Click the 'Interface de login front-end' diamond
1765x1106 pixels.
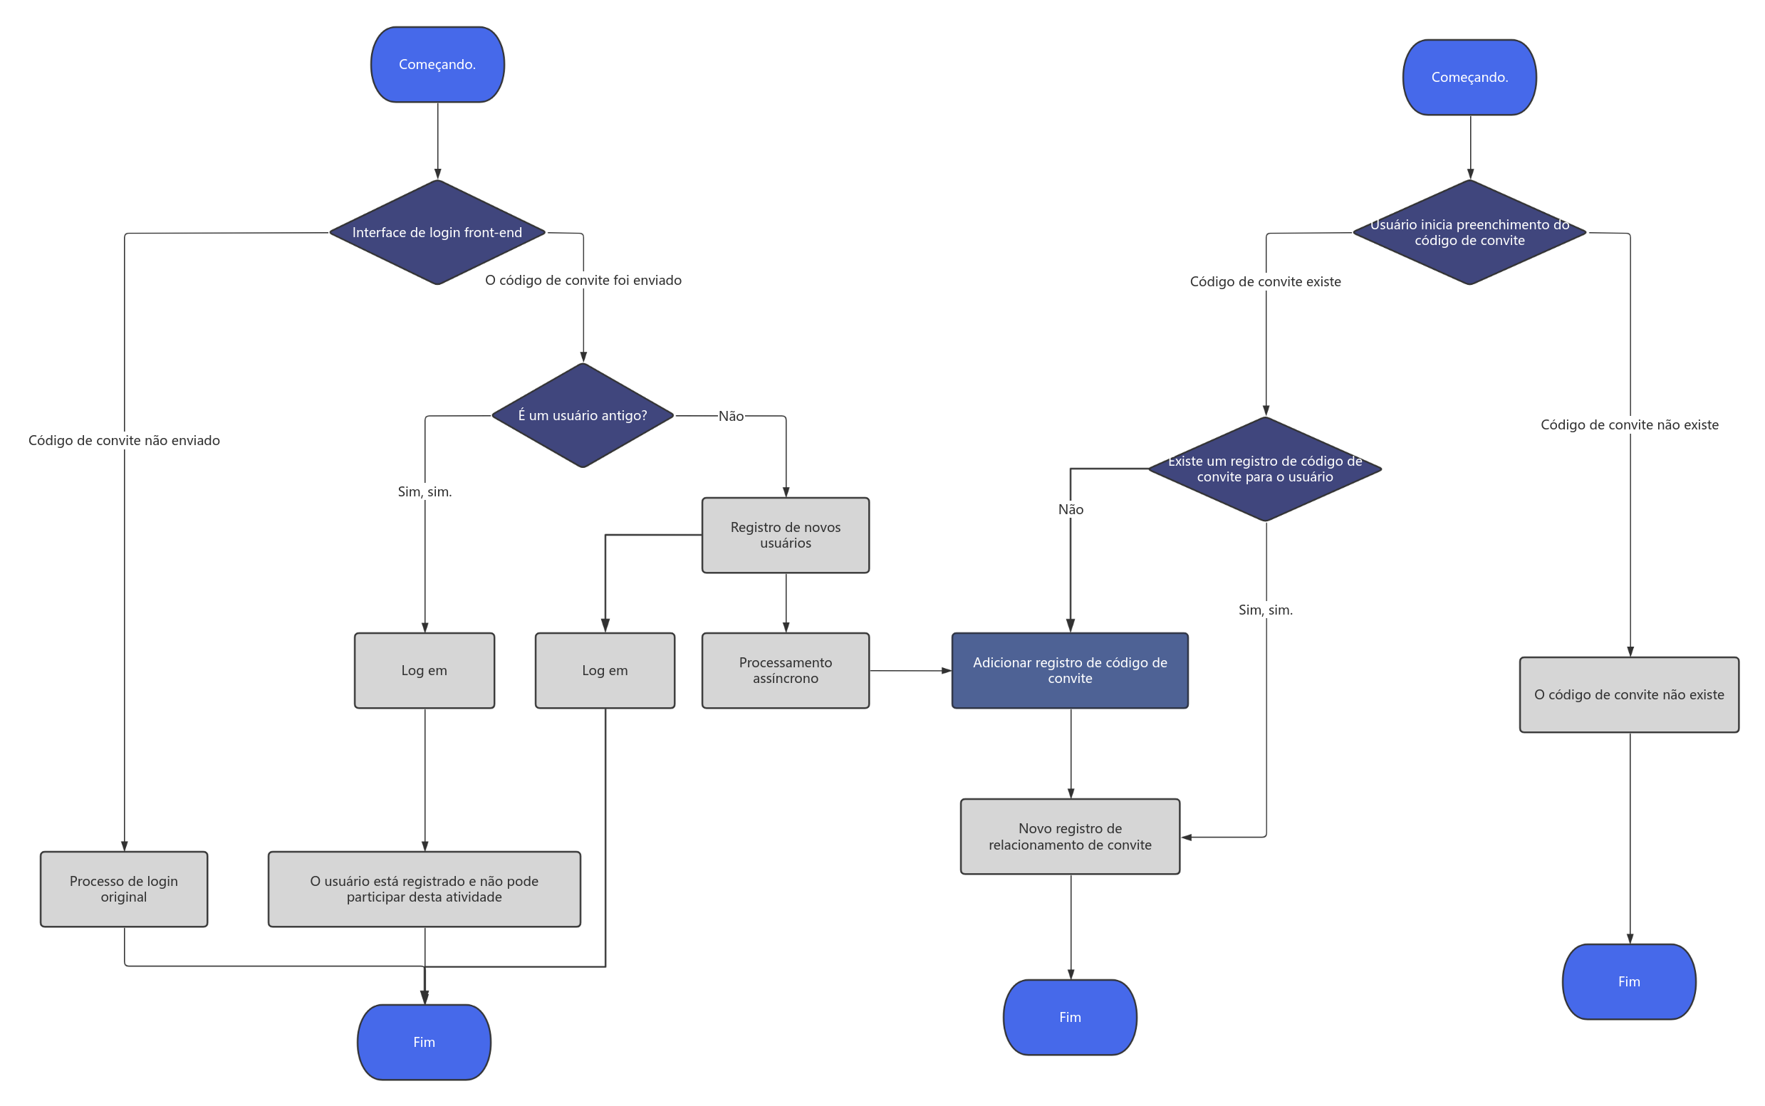(437, 233)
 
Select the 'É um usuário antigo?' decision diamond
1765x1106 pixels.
(583, 415)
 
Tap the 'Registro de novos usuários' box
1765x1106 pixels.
(786, 536)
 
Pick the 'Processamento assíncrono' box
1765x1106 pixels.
(786, 671)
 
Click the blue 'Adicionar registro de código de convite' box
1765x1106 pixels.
(1070, 671)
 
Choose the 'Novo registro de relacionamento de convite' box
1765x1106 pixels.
(1070, 837)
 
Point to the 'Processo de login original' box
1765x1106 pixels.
(125, 890)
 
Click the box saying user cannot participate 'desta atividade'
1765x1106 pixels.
(425, 890)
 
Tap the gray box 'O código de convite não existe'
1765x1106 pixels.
(1629, 695)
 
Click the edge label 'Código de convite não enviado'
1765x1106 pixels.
(125, 440)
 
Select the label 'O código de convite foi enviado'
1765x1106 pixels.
(583, 280)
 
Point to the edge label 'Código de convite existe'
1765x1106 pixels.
(1266, 281)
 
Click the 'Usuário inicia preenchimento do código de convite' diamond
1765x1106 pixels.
(1469, 233)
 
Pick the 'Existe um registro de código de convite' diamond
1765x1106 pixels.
(1265, 469)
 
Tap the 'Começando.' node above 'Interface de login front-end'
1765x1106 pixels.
(437, 64)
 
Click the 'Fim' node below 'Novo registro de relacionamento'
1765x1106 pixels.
(1070, 1018)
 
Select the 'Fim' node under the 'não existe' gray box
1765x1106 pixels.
(1629, 981)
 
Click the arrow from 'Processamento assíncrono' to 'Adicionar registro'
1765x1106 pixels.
(911, 671)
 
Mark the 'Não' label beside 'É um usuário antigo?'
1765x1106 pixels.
(731, 416)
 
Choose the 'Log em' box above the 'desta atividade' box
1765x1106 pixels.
(425, 671)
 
